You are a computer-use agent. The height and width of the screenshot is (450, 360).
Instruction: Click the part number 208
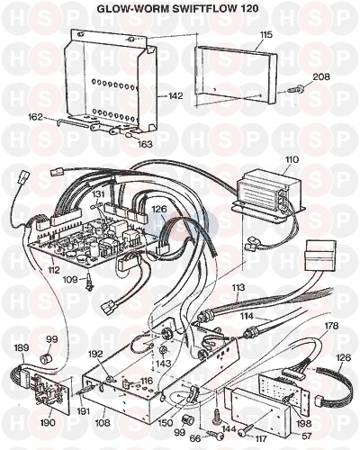click(x=321, y=76)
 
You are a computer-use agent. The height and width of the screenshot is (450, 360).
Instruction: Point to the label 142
click(x=175, y=96)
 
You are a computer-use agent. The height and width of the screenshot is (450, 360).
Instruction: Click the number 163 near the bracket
click(x=144, y=144)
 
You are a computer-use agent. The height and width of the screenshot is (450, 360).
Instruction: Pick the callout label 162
click(x=36, y=117)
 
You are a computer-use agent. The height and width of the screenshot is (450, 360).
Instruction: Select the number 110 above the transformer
click(x=292, y=159)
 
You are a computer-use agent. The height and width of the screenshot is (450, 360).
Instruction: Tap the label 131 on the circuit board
click(x=98, y=194)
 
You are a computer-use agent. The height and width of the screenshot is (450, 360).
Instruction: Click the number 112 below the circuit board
click(x=53, y=270)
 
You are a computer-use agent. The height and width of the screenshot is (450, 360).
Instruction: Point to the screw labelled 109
click(x=89, y=283)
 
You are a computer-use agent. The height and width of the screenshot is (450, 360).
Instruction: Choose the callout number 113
click(x=238, y=288)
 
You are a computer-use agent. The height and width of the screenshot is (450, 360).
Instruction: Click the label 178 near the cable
click(x=331, y=326)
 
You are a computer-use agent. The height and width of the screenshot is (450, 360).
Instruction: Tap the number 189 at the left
click(x=22, y=347)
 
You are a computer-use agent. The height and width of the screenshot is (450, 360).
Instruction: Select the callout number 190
click(x=48, y=422)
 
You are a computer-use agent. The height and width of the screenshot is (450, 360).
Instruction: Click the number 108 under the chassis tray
click(x=103, y=422)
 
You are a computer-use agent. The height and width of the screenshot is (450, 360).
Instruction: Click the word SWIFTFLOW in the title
click(x=203, y=8)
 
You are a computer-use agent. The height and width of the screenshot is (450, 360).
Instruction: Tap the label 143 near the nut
click(x=164, y=364)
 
